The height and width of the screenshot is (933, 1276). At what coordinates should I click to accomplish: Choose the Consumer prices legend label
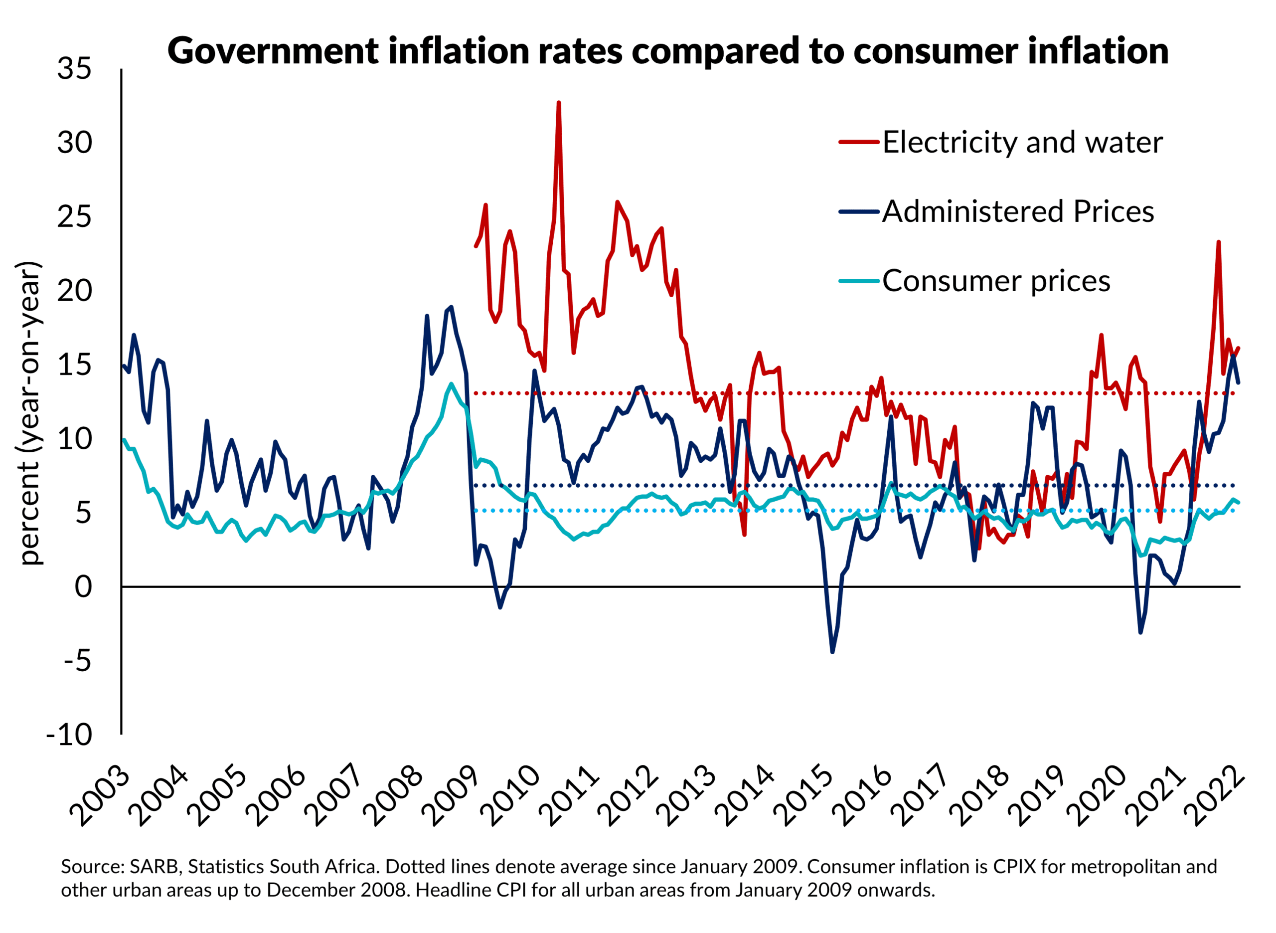pos(995,281)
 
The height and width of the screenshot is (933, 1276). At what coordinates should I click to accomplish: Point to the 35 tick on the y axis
pos(74,69)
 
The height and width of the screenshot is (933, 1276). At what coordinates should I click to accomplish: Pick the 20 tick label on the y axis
pos(74,291)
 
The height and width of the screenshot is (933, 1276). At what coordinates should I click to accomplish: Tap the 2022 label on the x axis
pos(1215,796)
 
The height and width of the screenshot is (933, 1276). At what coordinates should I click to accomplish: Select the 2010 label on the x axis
pos(511,796)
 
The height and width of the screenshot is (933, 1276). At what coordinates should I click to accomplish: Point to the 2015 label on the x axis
pos(804,796)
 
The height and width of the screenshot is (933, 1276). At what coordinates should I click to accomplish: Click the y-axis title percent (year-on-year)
pos(29,413)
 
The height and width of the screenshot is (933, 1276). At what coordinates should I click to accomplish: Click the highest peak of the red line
pos(559,103)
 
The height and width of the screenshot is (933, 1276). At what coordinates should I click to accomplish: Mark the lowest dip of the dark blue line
pos(832,652)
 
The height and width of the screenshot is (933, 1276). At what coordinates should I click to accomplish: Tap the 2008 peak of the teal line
pos(451,384)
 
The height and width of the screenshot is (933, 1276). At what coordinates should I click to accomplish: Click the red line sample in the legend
pos(859,142)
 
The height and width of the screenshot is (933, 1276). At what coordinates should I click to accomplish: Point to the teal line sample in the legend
pos(859,281)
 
